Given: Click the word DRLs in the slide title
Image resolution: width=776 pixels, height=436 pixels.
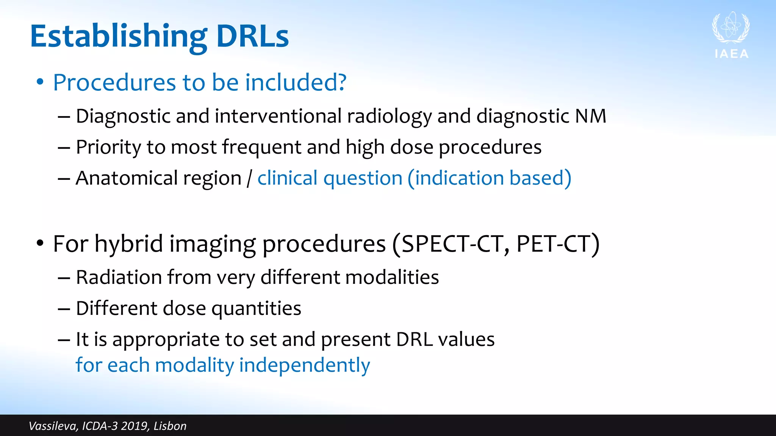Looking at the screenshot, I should coord(252,37).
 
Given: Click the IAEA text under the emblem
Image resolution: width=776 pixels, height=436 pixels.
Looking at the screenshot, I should coord(732,54).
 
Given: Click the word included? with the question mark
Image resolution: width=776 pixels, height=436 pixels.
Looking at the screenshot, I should coord(296,83).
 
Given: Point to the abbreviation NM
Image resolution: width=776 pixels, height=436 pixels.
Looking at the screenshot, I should coord(590,116).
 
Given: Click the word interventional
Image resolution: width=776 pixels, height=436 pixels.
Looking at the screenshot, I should coord(278,116).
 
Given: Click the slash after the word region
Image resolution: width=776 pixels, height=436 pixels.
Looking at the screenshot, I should coord(249,179).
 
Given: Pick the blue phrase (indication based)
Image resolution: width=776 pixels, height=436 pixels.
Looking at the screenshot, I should coord(489,178).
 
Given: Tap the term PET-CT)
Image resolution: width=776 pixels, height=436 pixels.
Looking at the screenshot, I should coord(557,244).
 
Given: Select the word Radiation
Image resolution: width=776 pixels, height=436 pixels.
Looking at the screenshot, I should coord(119,277).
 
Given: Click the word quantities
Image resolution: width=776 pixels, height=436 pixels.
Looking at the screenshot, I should coord(256,308).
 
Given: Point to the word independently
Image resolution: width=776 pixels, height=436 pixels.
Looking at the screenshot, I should coord(304,365).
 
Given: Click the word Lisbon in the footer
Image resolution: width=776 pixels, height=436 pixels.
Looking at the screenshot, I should coord(170,426).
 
